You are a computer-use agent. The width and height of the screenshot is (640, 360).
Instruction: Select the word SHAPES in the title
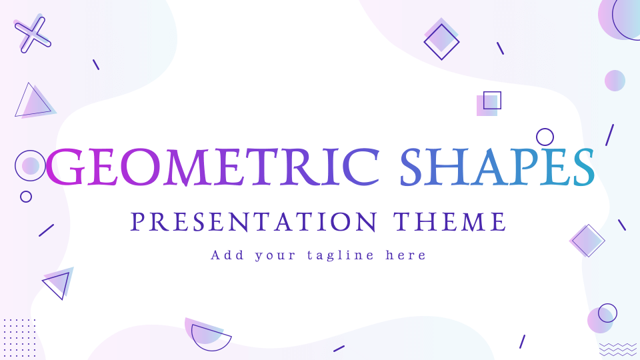496,167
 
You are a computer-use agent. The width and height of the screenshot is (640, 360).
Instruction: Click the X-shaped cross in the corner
33,33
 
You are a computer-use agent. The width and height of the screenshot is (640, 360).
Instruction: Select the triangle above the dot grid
58,284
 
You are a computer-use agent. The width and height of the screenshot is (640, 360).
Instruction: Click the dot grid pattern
19,337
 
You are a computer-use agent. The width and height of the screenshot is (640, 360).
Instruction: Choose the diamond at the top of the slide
441,41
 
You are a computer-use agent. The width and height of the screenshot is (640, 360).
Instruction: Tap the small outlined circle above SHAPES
545,137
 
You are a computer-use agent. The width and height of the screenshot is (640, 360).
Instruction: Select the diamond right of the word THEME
587,241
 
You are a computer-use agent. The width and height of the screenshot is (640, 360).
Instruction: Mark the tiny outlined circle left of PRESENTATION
26,197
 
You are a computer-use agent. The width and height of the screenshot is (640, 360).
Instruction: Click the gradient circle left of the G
30,165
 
